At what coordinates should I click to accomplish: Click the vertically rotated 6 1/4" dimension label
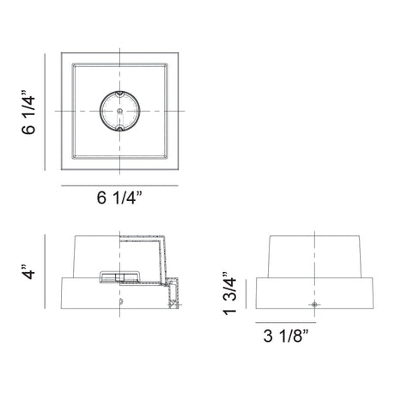click(x=28, y=112)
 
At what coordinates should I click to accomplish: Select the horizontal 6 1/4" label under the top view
click(x=119, y=197)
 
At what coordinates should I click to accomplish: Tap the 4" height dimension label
click(x=28, y=271)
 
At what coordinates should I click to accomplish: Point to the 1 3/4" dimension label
click(x=230, y=294)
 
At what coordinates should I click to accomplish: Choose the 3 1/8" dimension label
click(x=286, y=336)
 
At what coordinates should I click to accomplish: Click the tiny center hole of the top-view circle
click(x=120, y=111)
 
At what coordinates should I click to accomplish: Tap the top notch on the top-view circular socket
click(x=120, y=94)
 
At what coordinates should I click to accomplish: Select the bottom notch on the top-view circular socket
click(x=120, y=129)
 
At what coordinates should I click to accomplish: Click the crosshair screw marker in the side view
click(x=314, y=305)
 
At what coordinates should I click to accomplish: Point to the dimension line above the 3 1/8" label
click(x=286, y=323)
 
